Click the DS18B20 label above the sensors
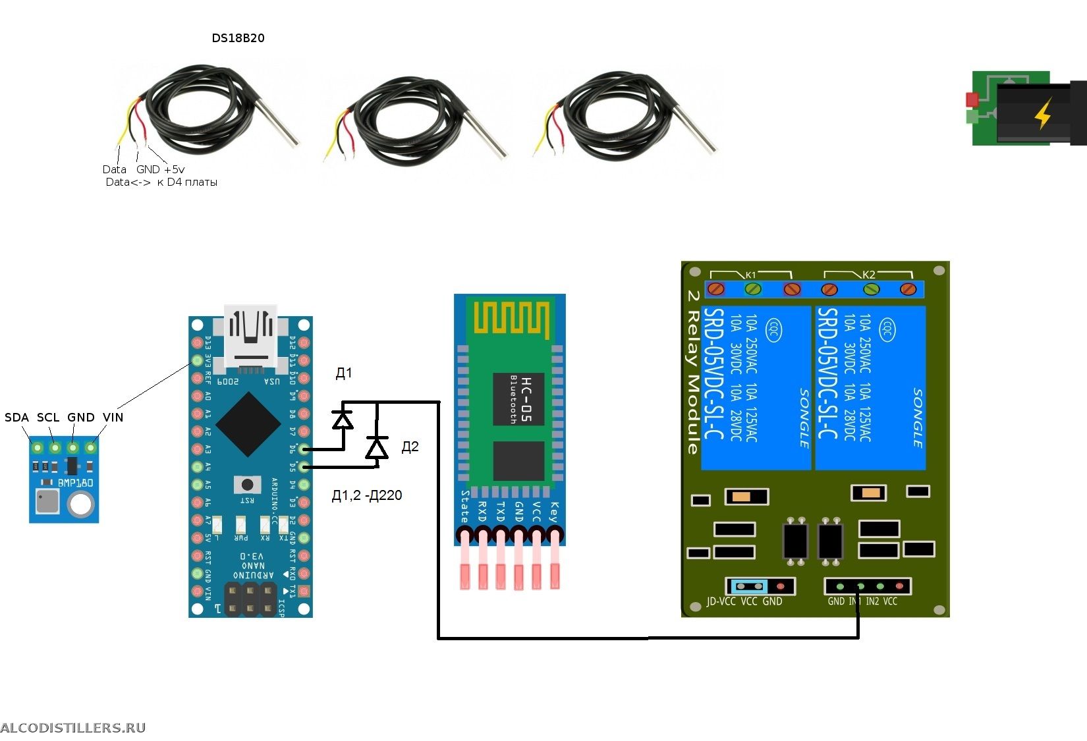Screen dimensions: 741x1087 (238, 38)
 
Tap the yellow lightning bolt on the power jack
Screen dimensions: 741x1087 (1043, 113)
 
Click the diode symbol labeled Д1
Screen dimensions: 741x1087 (343, 419)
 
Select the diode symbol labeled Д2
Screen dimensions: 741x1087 (377, 448)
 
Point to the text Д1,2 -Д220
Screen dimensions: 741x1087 (366, 495)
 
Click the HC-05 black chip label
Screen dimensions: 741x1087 (519, 399)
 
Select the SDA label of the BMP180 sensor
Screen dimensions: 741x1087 (16, 418)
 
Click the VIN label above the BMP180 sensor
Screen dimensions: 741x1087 (113, 418)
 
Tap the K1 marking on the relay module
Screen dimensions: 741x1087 (751, 275)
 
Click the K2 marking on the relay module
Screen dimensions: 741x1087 (869, 275)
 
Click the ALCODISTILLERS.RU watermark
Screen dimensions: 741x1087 (72, 728)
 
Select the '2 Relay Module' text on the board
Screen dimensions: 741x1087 (692, 372)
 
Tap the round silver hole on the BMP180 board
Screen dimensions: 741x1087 (80, 505)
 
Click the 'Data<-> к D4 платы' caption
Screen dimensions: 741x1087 (161, 182)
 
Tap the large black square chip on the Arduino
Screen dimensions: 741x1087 (248, 424)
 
